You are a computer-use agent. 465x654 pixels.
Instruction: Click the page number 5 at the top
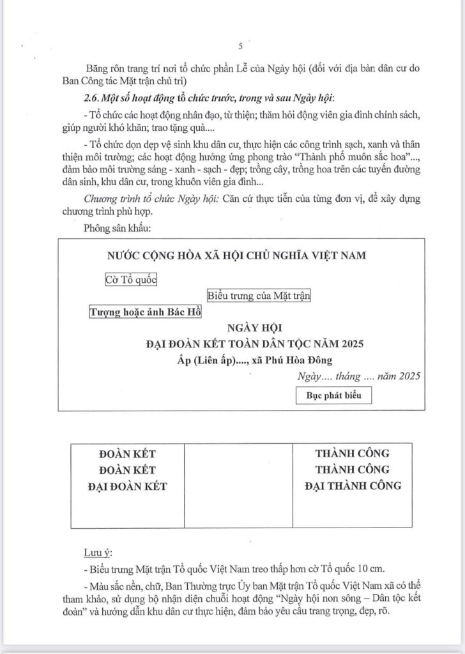240,46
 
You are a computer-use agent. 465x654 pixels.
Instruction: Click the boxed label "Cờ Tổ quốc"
131,279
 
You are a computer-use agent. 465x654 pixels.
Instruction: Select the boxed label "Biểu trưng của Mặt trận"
259,296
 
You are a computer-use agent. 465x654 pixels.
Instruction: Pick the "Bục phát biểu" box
334,395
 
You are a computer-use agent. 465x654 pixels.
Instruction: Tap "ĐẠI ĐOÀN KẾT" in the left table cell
128,486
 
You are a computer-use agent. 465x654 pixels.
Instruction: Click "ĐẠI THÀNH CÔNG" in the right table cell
353,486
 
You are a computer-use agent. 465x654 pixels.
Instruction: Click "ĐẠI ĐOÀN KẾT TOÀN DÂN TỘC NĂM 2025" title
254,345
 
